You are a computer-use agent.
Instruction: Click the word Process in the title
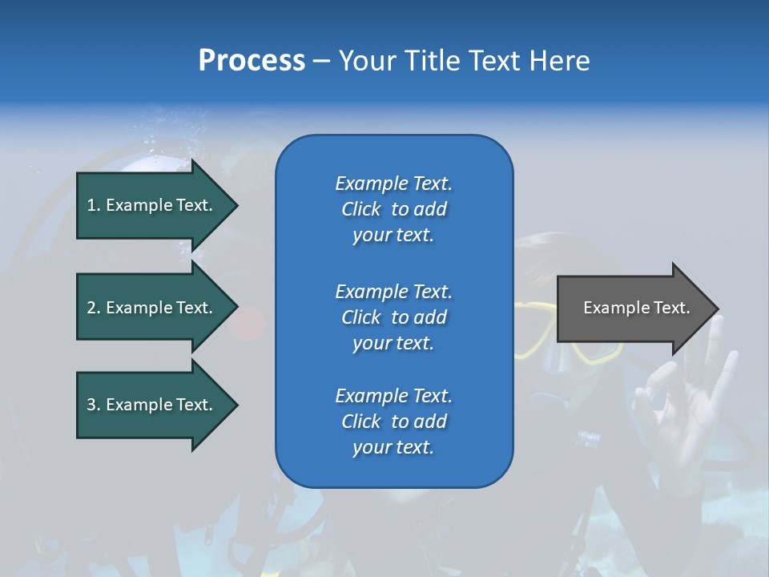[x=252, y=61]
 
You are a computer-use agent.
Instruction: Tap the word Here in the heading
[x=559, y=61]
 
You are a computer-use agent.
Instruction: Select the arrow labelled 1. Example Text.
[x=152, y=205]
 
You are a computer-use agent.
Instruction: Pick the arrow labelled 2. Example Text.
[x=152, y=308]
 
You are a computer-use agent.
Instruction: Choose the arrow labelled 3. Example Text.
[x=152, y=405]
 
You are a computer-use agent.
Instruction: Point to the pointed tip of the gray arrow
[x=717, y=309]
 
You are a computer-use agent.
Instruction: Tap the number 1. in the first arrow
[x=94, y=205]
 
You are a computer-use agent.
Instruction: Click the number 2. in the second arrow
[x=94, y=308]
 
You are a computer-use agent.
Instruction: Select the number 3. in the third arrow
[x=94, y=405]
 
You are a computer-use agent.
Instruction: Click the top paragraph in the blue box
[x=394, y=209]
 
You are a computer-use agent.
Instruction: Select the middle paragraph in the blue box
[x=394, y=317]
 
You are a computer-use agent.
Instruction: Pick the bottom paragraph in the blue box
[x=394, y=422]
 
